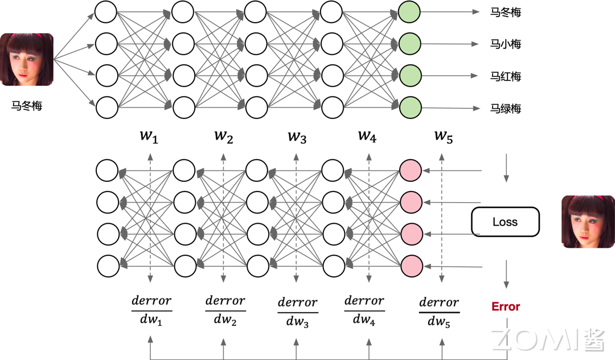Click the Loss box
click(505, 222)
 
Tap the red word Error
click(506, 306)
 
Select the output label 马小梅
click(505, 44)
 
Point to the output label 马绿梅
click(505, 108)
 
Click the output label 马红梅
click(505, 76)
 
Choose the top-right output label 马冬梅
click(505, 12)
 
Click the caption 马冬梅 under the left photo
click(27, 105)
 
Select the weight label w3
click(297, 136)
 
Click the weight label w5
click(443, 136)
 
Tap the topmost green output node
click(410, 12)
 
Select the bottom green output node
click(410, 107)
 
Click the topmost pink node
click(411, 170)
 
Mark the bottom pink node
click(411, 265)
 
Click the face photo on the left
click(27, 60)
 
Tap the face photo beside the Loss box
click(588, 222)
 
